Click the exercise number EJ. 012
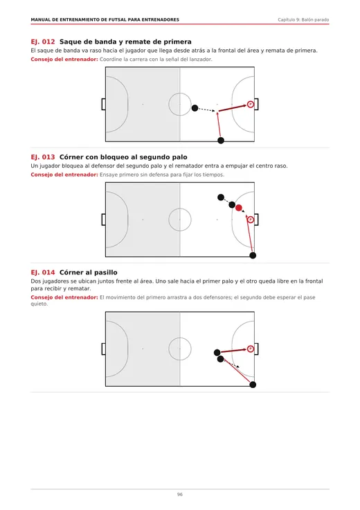[42, 42]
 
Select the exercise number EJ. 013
[42, 157]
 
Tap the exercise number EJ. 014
[42, 272]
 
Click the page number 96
[180, 494]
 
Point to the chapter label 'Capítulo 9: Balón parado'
[303, 20]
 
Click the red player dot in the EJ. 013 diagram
[239, 208]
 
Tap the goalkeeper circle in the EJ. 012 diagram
[250, 105]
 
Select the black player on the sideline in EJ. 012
[221, 141]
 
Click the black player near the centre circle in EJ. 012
[195, 108]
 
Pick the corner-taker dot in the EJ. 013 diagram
[253, 256]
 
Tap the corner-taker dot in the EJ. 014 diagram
[253, 385]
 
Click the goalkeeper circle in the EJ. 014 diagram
[250, 349]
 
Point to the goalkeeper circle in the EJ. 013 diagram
[250, 220]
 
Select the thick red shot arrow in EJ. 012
[233, 108]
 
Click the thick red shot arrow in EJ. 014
[233, 351]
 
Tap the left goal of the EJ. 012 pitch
[103, 105]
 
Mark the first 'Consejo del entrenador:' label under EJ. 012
[64, 59]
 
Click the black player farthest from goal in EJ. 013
[221, 197]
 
